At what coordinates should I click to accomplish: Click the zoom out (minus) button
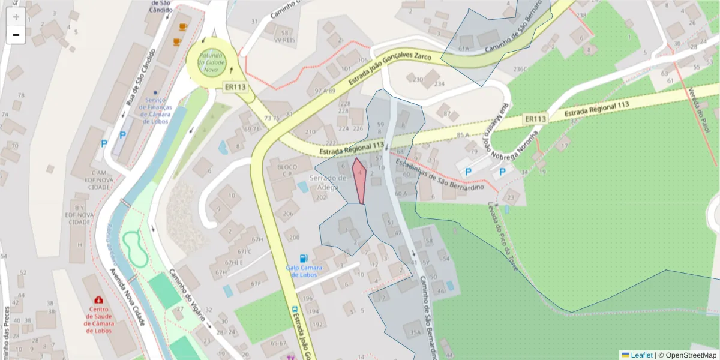[x=16, y=35]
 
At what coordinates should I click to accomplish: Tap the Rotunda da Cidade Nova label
[x=211, y=62]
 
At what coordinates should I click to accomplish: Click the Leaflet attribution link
[x=641, y=355]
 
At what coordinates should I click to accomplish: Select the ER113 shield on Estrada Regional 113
[x=535, y=119]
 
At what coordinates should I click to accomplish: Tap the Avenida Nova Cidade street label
[x=128, y=296]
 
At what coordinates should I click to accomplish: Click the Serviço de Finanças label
[x=155, y=110]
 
